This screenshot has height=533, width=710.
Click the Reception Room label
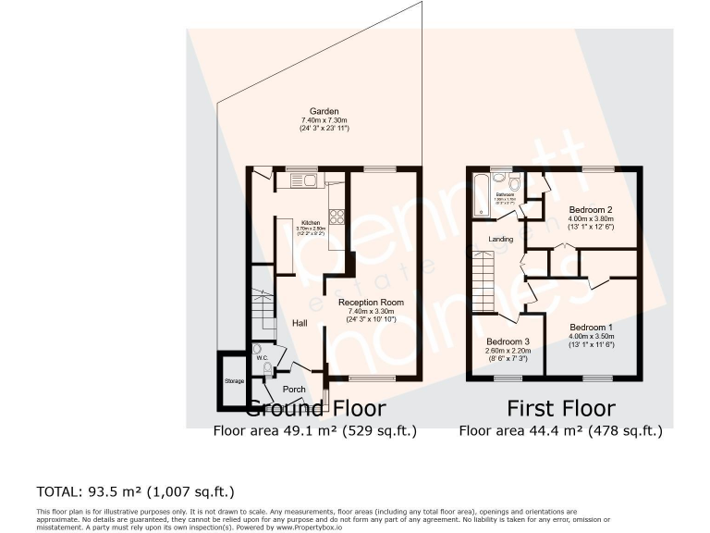[x=371, y=303]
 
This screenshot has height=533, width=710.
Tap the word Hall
[x=300, y=323]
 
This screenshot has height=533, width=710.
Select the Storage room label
[x=234, y=381]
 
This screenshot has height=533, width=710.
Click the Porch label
[x=294, y=389]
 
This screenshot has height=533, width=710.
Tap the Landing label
[x=501, y=239]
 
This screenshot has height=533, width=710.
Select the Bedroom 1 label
[x=591, y=328]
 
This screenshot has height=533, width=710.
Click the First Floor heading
[x=560, y=408]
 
